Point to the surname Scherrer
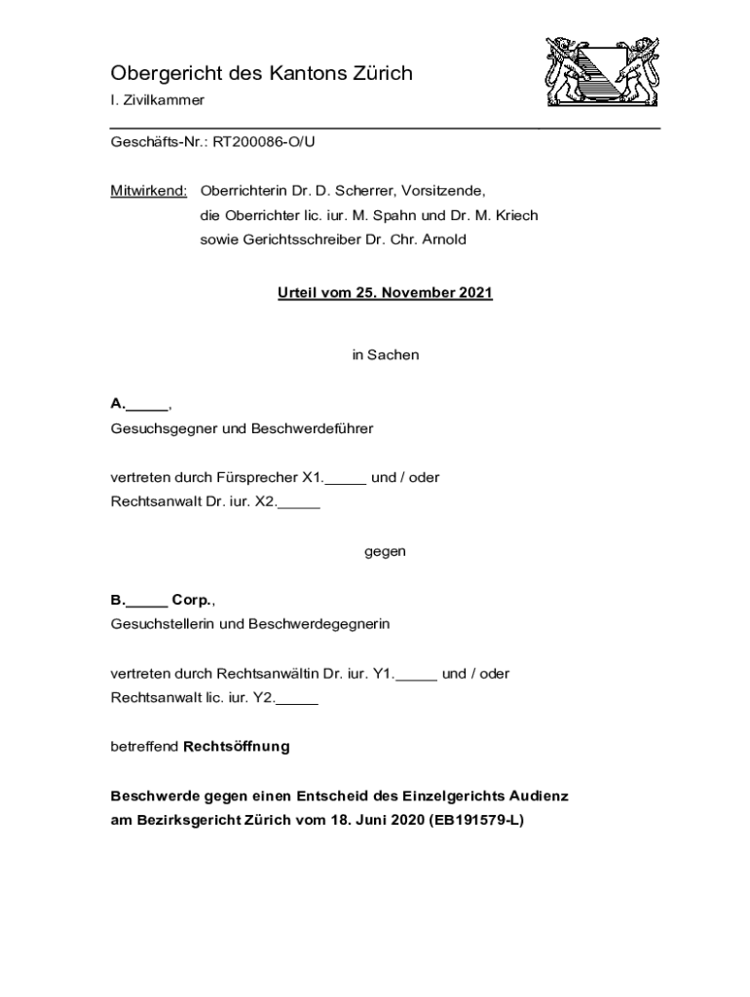point(356,191)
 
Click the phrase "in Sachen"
point(386,355)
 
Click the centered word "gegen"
point(386,552)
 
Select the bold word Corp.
point(192,600)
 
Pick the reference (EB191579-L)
point(476,821)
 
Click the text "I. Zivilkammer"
point(158,101)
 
